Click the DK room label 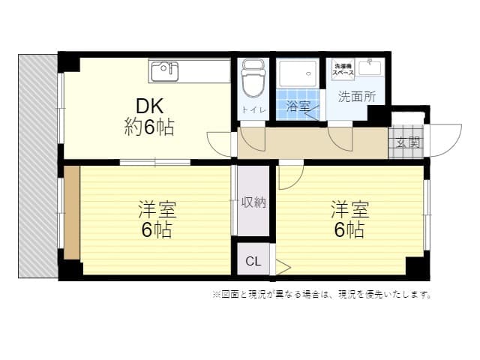tap(149, 106)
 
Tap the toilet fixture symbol tap(253, 78)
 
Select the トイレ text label tap(253, 110)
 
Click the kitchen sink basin tap(165, 71)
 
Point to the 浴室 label tap(298, 106)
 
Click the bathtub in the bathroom tap(297, 73)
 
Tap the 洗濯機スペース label tap(343, 70)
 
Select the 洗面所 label tap(357, 97)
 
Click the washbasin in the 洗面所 tap(370, 67)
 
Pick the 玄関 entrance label tap(407, 142)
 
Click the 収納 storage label tap(253, 202)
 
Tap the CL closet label tap(253, 261)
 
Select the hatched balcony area tap(37, 166)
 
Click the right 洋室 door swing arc tap(297, 183)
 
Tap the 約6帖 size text tap(149, 127)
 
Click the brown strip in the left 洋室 tap(72, 213)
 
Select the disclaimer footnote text tap(322, 295)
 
